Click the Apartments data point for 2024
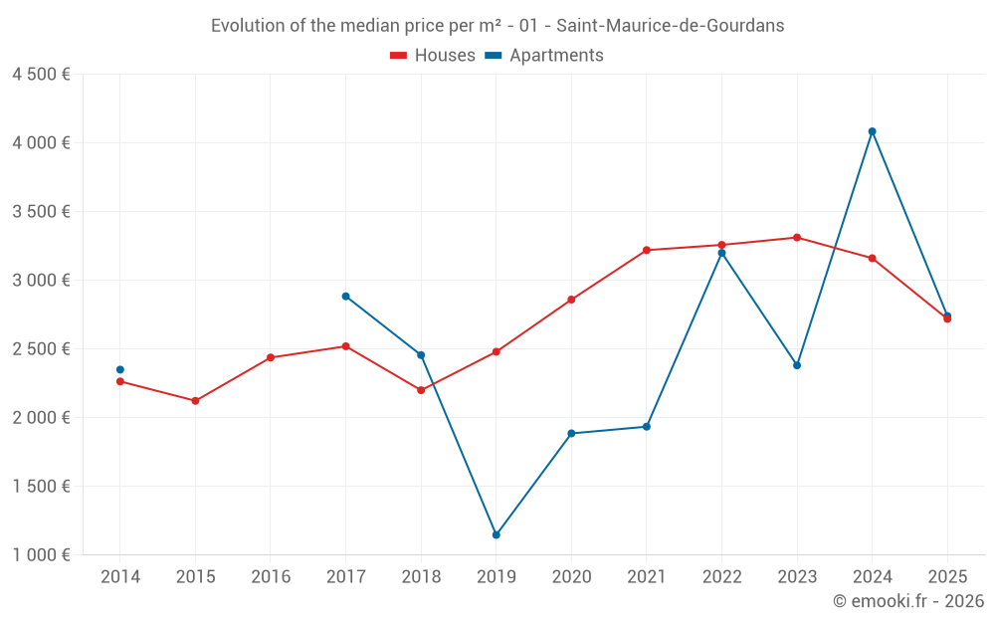pos(872,131)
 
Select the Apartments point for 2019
pos(496,535)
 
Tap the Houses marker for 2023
pos(797,238)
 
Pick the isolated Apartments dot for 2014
pos(120,370)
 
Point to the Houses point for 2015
pos(195,401)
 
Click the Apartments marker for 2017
pos(345,297)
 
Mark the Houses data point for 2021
pos(647,251)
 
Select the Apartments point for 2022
pos(721,253)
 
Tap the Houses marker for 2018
pos(421,390)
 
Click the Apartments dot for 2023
pos(797,365)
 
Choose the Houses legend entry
pos(433,56)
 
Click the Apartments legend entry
pos(544,56)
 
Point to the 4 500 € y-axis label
pos(41,75)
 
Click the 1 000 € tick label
pos(41,555)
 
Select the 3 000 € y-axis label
pos(41,281)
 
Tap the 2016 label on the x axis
pos(271,577)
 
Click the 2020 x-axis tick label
pos(571,577)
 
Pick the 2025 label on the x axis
pos(947,577)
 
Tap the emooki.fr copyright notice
pos(907,601)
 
